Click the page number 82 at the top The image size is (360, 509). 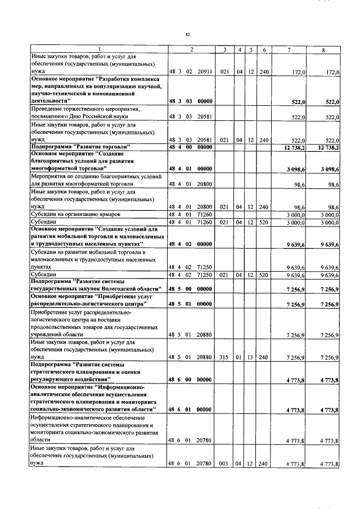[187, 34]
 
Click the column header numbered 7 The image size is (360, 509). [289, 50]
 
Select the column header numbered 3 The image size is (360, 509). [224, 50]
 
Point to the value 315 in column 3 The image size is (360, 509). [224, 357]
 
